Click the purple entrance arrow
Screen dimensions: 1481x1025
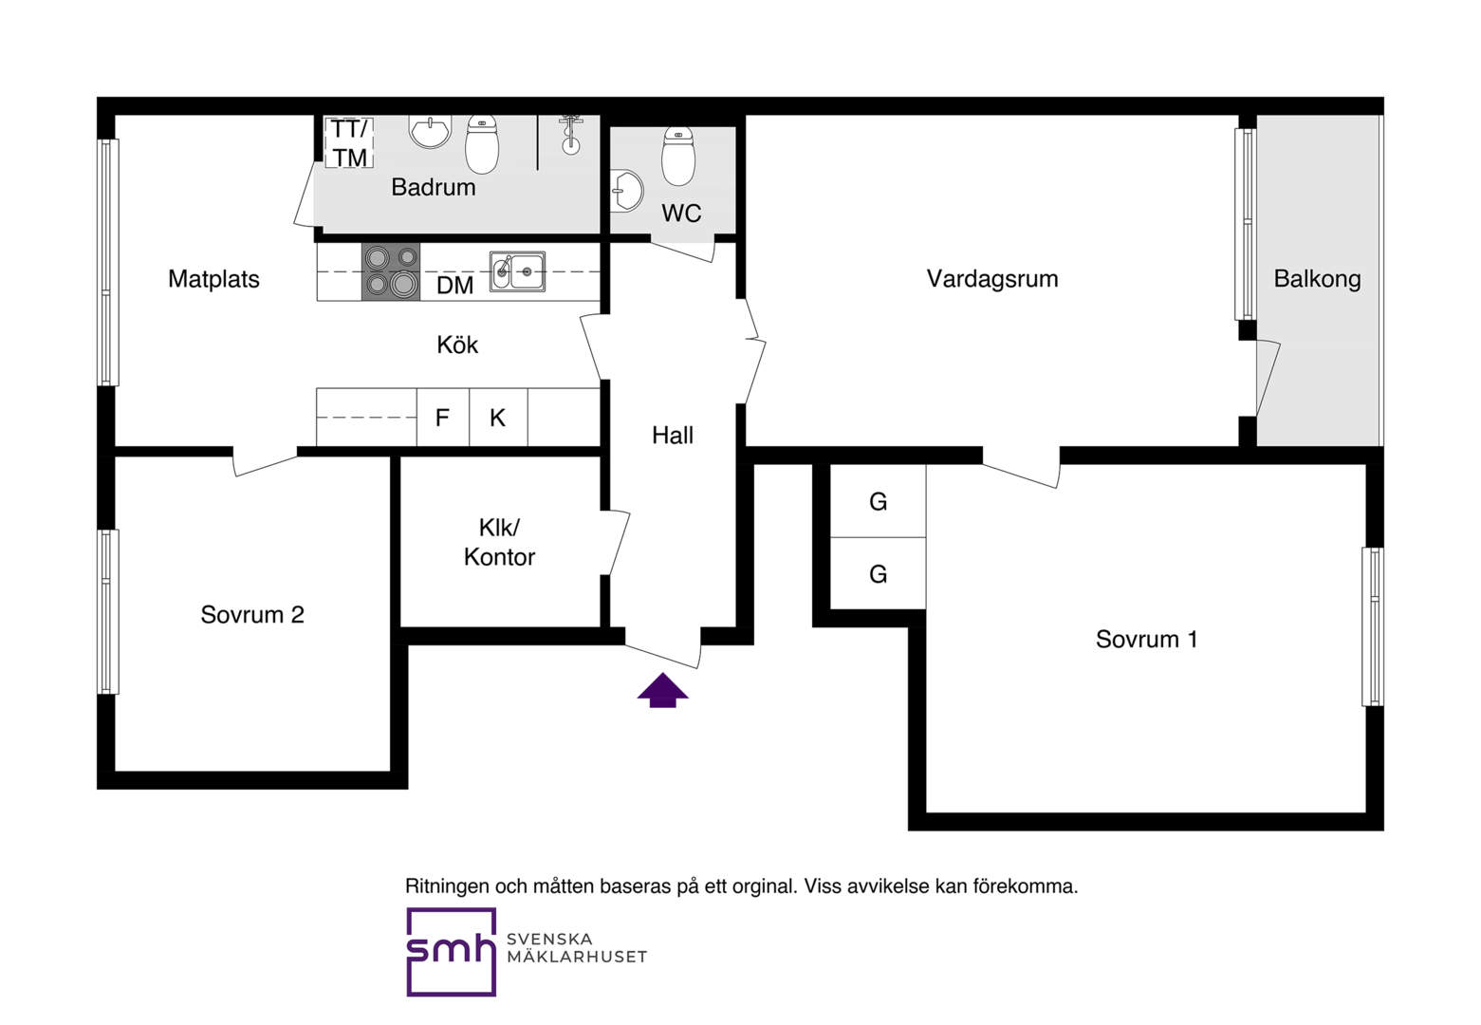coord(662,690)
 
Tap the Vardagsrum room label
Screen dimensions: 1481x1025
coord(992,278)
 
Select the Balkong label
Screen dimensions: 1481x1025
coord(1317,279)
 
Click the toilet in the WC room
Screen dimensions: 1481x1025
coord(678,156)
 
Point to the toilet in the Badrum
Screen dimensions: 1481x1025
coord(482,144)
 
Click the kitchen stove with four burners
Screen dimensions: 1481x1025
coord(391,271)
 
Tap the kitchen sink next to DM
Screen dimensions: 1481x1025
coord(517,271)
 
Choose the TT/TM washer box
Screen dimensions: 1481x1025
coord(349,143)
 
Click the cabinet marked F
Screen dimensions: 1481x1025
coord(443,418)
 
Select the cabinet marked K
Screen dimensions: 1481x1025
coord(498,418)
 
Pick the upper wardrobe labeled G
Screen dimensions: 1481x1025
coord(878,501)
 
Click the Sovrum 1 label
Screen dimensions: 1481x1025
coord(1146,639)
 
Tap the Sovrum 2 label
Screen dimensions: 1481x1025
coord(252,614)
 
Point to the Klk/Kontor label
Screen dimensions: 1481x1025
coord(499,542)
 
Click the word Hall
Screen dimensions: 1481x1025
coord(673,435)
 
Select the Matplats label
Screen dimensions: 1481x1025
coord(213,279)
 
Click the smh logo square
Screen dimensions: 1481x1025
coord(451,952)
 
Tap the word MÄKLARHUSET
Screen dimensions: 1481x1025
coord(577,957)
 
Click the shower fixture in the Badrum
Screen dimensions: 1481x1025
coord(570,135)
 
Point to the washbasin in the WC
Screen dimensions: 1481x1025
coord(627,191)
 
